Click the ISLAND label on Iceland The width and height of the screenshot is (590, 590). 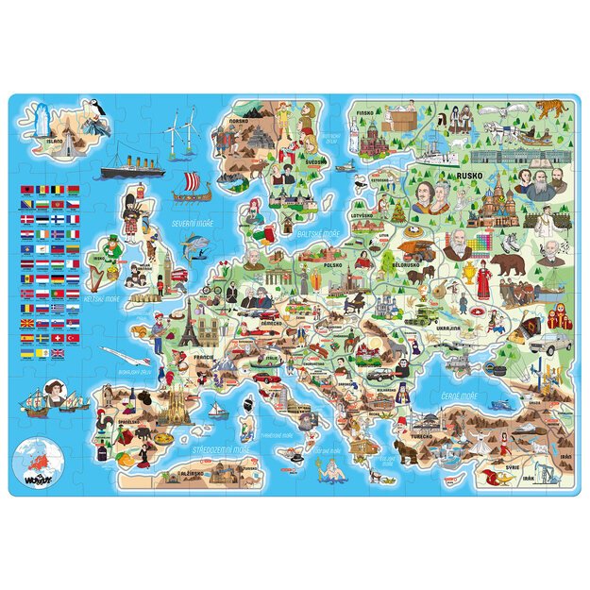[x=55, y=143]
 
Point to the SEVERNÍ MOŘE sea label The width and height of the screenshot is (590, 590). [x=190, y=223]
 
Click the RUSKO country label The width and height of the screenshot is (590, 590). [x=468, y=176]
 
